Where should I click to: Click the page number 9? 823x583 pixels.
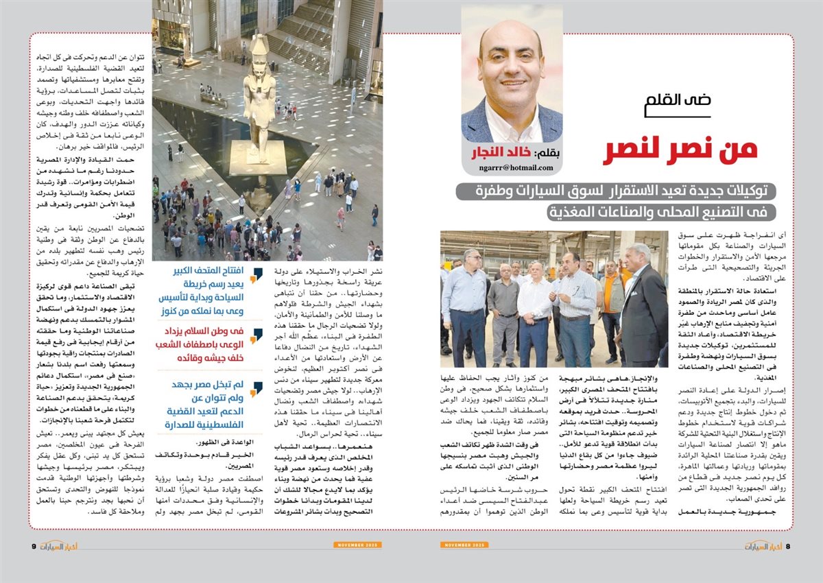pyautogui.click(x=34, y=546)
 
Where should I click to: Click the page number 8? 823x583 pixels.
pyautogui.click(x=788, y=546)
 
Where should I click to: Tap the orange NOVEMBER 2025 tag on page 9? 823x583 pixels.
pyautogui.click(x=353, y=545)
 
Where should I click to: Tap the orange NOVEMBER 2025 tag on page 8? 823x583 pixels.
pyautogui.click(x=465, y=545)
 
